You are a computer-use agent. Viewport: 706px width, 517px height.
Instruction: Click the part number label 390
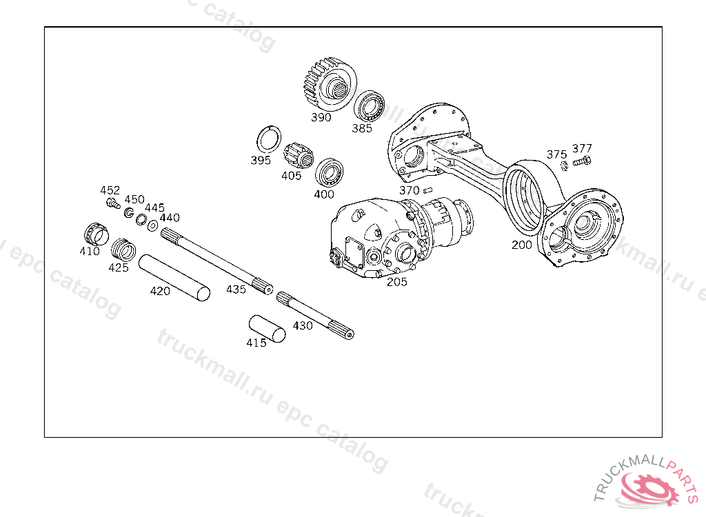point(321,117)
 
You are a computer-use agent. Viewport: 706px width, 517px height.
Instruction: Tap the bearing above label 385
point(373,105)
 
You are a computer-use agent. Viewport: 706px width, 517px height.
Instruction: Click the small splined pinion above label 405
point(299,154)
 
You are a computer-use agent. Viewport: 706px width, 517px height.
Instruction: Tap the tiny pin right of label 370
point(427,190)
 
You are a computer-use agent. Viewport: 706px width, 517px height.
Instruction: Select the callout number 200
point(522,245)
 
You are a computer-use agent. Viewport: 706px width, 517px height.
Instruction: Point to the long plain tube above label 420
point(174,276)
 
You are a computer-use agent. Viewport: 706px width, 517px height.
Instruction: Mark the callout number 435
point(236,290)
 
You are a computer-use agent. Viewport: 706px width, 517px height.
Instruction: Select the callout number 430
point(303,325)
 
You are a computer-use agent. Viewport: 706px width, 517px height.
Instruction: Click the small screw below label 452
point(112,203)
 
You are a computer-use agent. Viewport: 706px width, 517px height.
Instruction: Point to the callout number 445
point(154,207)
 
